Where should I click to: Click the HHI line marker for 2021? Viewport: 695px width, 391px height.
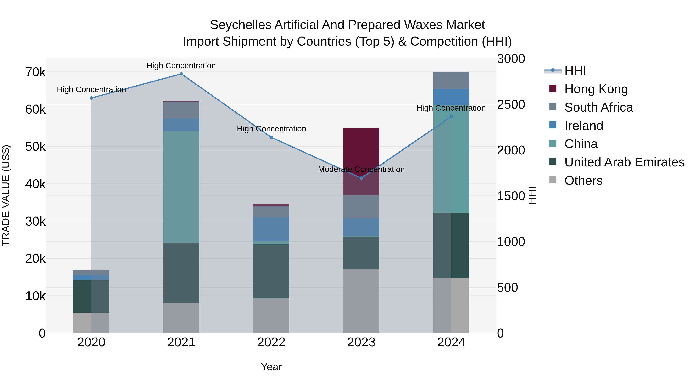(x=181, y=74)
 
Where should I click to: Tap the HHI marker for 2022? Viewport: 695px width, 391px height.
(x=271, y=137)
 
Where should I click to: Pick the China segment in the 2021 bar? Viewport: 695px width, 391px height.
(x=181, y=187)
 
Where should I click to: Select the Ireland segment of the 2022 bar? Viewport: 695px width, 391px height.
(x=271, y=229)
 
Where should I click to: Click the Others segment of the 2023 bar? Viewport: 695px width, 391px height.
(x=361, y=301)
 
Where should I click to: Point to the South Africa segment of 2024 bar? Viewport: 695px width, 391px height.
(x=451, y=80)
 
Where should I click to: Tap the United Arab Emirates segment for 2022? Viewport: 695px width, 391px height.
(x=271, y=271)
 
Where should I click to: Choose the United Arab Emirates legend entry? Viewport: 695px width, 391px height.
(x=624, y=162)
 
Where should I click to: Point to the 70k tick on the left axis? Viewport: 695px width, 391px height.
(x=36, y=72)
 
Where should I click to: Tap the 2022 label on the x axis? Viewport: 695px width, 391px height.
(x=271, y=342)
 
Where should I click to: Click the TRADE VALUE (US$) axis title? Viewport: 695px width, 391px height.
(x=6, y=195)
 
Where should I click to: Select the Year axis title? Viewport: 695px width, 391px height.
(x=271, y=367)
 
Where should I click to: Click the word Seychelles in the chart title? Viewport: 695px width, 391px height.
(x=240, y=25)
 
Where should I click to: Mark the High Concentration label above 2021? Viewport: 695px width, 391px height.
(x=181, y=66)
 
